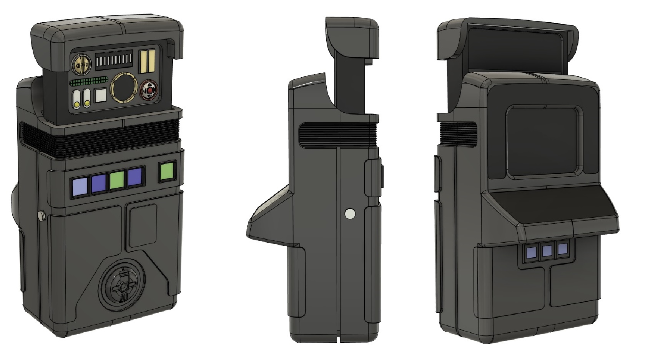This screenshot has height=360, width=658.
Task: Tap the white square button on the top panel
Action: tap(101, 95)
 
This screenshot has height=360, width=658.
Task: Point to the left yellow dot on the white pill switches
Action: tap(77, 104)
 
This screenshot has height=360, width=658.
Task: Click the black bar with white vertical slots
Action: tap(114, 60)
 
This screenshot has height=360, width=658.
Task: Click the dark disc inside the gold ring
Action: tap(124, 88)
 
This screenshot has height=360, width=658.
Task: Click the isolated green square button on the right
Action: tap(167, 172)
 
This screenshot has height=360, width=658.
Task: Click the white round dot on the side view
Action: tap(350, 213)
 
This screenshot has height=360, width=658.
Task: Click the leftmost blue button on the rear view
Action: tap(532, 252)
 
